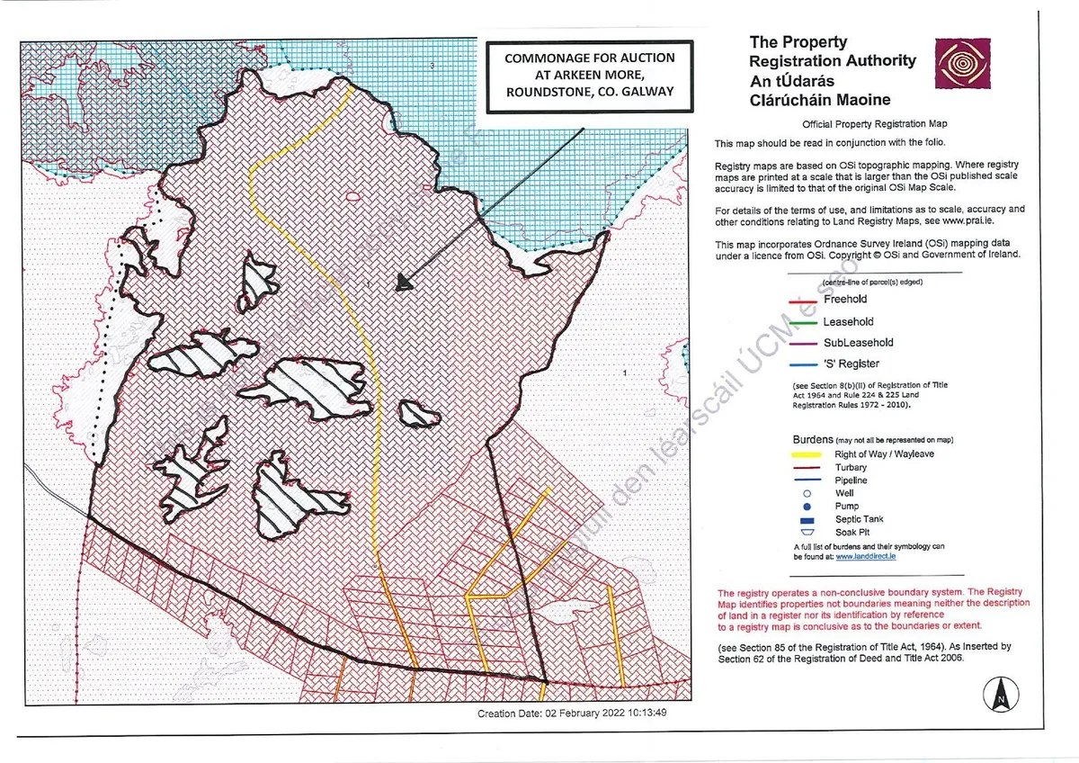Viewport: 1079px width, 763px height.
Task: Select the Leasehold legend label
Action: (848, 321)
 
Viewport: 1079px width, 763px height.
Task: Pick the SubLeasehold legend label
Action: (858, 343)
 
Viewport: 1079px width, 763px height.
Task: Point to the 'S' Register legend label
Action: (851, 364)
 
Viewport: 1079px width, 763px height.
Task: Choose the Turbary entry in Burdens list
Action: (850, 468)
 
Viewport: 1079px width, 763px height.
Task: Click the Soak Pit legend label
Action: (852, 532)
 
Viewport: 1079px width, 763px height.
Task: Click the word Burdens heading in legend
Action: (812, 439)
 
